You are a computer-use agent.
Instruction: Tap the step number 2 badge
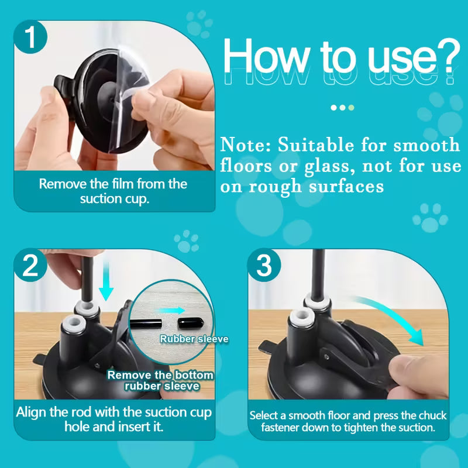point(30,266)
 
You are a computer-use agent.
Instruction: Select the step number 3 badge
point(265,266)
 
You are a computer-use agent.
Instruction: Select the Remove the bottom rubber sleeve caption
point(160,380)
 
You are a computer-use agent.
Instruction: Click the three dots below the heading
point(342,108)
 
